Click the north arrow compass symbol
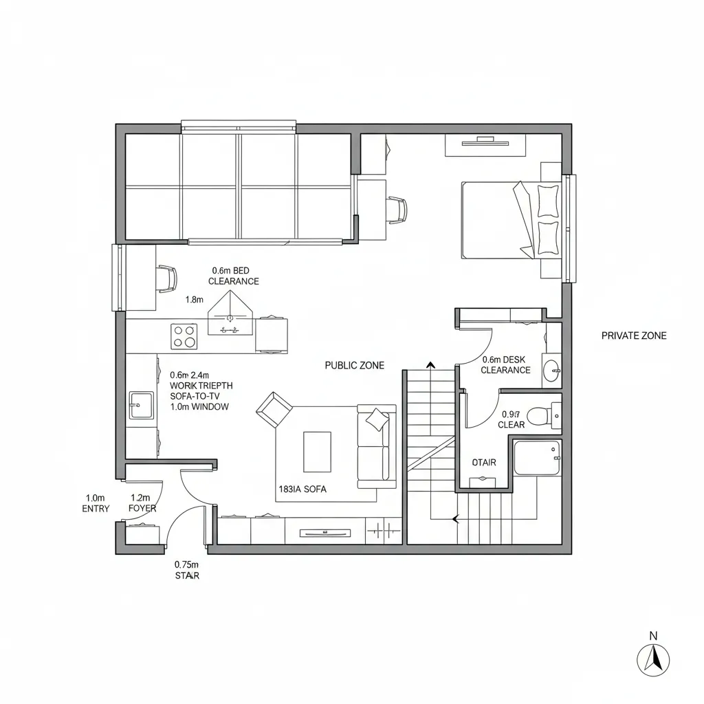(x=653, y=659)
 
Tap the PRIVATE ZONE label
(x=633, y=336)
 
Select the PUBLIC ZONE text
(x=354, y=366)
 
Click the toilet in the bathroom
(x=543, y=415)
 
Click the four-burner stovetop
(x=184, y=336)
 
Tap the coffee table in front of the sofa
(x=316, y=451)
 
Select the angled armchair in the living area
(x=273, y=409)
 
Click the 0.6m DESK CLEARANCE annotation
(x=505, y=365)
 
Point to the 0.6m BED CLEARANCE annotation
(x=234, y=276)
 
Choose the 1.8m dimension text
(x=195, y=300)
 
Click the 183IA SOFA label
(x=302, y=489)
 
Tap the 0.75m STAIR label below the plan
(x=187, y=570)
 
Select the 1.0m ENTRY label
(x=95, y=503)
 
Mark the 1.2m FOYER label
(x=142, y=503)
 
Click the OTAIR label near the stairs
(x=484, y=463)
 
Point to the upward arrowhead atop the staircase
(x=431, y=365)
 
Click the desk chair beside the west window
(x=166, y=278)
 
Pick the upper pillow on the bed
(x=548, y=200)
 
